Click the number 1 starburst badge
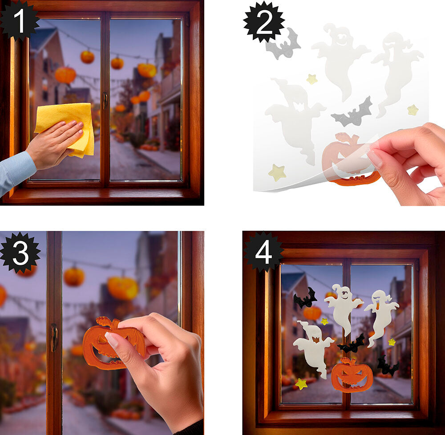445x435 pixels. click(x=19, y=21)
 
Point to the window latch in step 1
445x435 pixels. click(x=105, y=101)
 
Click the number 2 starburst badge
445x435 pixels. click(x=264, y=22)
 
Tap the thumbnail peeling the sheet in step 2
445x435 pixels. click(x=375, y=159)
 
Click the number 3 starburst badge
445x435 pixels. click(x=20, y=252)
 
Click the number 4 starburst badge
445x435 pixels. click(x=263, y=252)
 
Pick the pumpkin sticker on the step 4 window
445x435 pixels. click(x=352, y=375)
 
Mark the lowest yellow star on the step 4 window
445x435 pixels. click(x=301, y=384)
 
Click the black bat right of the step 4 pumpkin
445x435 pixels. click(x=387, y=366)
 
